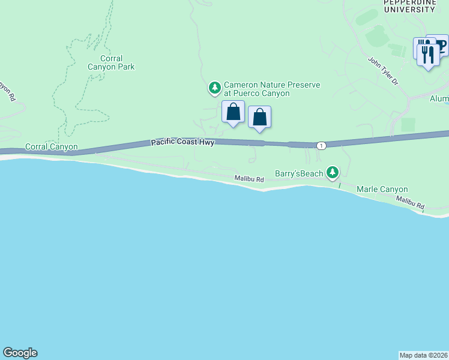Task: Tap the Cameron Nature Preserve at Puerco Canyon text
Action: (271, 89)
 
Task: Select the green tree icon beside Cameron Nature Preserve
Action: (214, 89)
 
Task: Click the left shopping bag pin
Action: (233, 112)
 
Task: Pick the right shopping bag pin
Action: (259, 117)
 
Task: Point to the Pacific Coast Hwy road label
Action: (182, 142)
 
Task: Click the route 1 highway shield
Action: (322, 146)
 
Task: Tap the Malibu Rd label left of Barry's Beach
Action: (249, 179)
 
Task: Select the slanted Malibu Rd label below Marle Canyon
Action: (410, 203)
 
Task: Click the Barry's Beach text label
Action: (299, 173)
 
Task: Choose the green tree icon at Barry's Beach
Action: (332, 173)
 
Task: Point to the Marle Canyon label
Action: (382, 189)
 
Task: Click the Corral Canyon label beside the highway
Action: (51, 146)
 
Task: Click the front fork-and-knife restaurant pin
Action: (428, 56)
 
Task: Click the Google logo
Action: (20, 353)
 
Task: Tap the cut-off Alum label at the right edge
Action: (439, 98)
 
